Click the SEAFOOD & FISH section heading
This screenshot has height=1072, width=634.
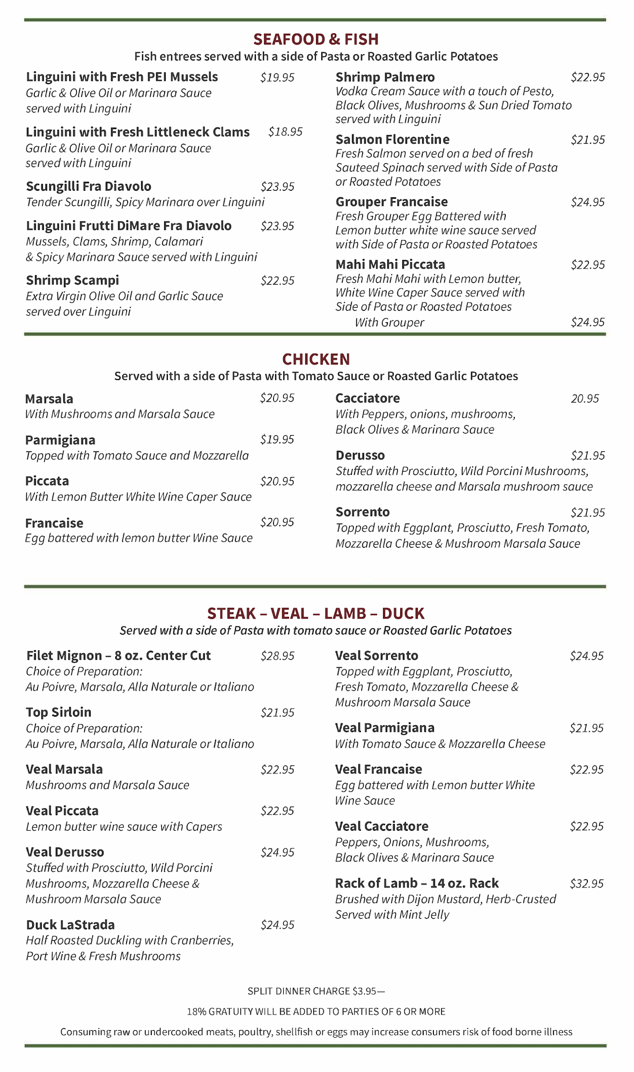pos(316,39)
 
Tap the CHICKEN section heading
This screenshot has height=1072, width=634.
pos(316,359)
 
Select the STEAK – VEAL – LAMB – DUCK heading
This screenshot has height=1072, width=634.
pos(316,613)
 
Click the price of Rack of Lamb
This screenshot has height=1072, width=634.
pos(587,883)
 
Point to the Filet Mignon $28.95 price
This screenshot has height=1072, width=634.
pos(277,656)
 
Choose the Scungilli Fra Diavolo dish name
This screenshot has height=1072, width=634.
pos(89,187)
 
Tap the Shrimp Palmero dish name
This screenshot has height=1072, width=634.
pos(385,77)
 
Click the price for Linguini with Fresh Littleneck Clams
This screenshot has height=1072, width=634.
pos(285,132)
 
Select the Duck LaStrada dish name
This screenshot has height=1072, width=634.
pos(70,925)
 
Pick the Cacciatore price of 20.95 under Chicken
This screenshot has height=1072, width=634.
pos(585,399)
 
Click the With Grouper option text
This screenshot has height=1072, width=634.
pos(389,323)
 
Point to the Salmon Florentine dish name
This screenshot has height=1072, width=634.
pos(393,139)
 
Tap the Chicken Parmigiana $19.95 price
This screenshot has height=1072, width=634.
pos(277,440)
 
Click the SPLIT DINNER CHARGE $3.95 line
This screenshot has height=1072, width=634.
pos(316,991)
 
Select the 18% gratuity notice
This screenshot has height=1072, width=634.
pos(316,1011)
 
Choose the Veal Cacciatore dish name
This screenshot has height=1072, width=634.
pos(382,826)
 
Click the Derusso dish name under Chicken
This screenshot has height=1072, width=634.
pos(360,456)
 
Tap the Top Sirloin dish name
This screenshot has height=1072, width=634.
pos(58,712)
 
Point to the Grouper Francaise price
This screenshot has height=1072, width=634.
pos(588,202)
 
